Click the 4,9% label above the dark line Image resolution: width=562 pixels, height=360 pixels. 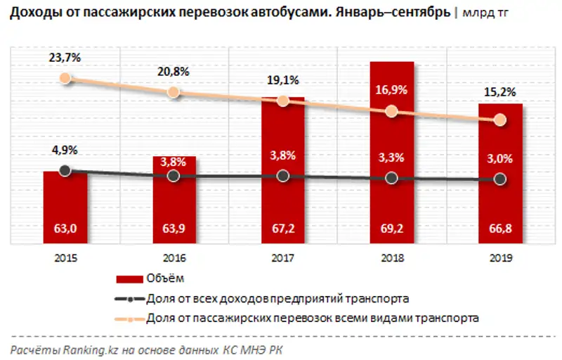pyautogui.click(x=65, y=150)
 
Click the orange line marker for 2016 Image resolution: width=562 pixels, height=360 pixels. pyautogui.click(x=174, y=93)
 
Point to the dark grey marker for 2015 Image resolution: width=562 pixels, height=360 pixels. pyautogui.click(x=65, y=170)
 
